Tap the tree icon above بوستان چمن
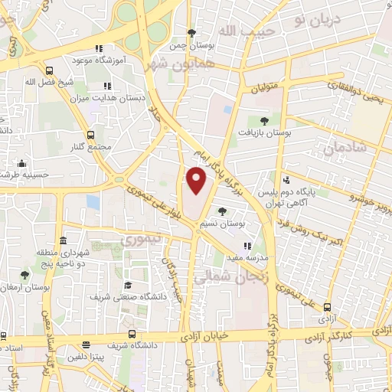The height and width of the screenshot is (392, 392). click(x=191, y=33)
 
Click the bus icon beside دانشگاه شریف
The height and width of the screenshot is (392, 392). click(x=132, y=335)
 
